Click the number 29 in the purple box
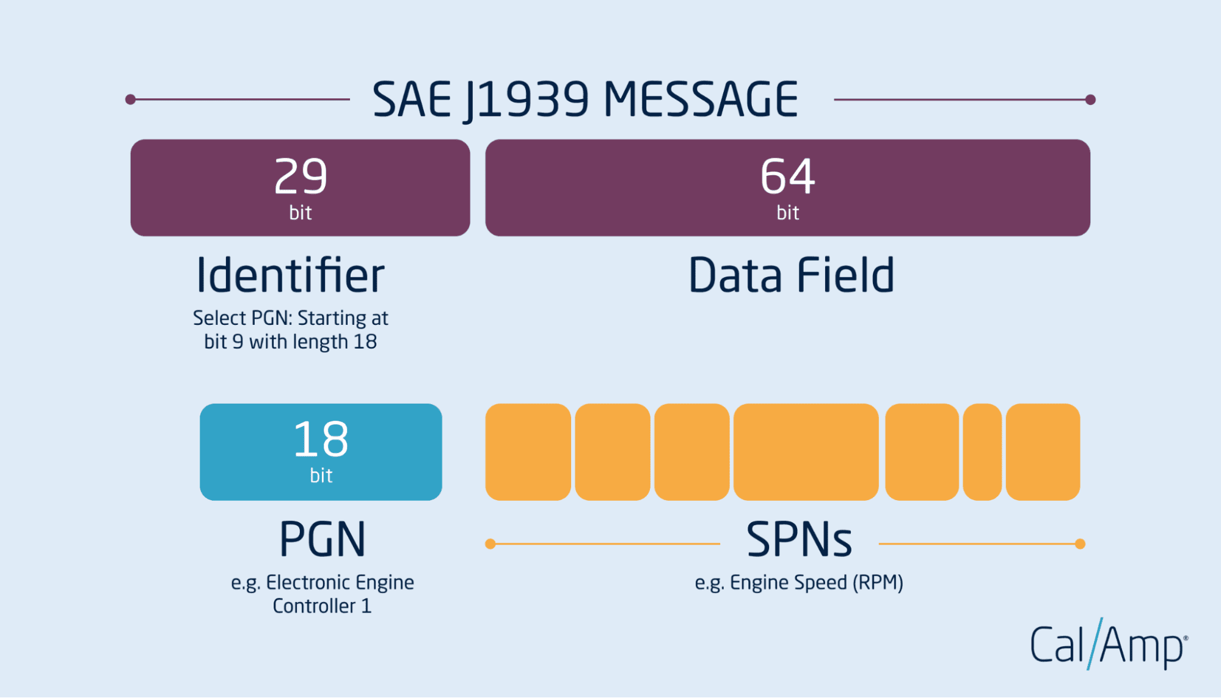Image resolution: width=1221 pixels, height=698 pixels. [x=301, y=176]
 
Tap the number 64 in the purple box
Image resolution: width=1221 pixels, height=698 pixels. [x=787, y=176]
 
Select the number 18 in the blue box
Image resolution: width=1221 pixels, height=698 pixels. [x=321, y=439]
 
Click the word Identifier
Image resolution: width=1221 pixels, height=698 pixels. [x=290, y=275]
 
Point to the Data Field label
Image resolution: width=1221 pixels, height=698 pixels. [x=792, y=275]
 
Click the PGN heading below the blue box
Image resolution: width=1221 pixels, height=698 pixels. [x=323, y=539]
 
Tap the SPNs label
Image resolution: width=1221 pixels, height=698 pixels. [x=799, y=539]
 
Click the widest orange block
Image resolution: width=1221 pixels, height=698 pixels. [x=806, y=452]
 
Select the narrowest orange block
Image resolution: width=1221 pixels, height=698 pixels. [x=982, y=452]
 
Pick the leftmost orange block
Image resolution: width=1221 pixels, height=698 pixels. [x=528, y=452]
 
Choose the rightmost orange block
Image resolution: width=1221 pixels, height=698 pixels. [x=1043, y=452]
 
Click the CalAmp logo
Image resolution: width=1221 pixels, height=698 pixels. [x=1109, y=644]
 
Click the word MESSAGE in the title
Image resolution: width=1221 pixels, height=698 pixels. [x=701, y=99]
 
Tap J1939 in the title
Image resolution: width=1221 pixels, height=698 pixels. [x=527, y=101]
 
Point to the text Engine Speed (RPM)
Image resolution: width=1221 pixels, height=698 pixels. [x=817, y=583]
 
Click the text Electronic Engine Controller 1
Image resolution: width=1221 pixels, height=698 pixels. [x=323, y=594]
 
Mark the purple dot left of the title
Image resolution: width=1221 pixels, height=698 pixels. [x=130, y=99]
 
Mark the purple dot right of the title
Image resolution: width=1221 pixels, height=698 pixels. [x=1090, y=100]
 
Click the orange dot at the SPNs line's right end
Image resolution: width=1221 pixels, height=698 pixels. [x=1080, y=543]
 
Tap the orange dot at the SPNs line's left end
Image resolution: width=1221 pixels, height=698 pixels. [x=490, y=543]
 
